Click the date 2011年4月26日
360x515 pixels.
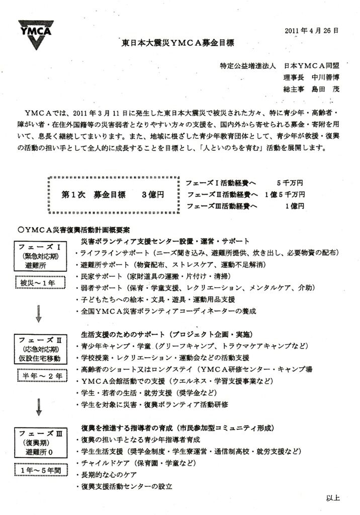click(x=311, y=30)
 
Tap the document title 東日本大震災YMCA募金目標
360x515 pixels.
click(x=178, y=43)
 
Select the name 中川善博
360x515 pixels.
click(x=327, y=78)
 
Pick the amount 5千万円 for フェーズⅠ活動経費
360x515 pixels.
click(x=290, y=183)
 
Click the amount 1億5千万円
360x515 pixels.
click(x=284, y=195)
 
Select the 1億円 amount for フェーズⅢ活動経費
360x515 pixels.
click(x=294, y=206)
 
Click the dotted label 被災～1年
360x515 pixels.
click(x=38, y=284)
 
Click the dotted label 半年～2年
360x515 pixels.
click(x=38, y=375)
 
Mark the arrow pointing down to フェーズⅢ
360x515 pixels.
click(x=38, y=406)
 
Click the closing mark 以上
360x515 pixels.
click(x=333, y=498)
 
